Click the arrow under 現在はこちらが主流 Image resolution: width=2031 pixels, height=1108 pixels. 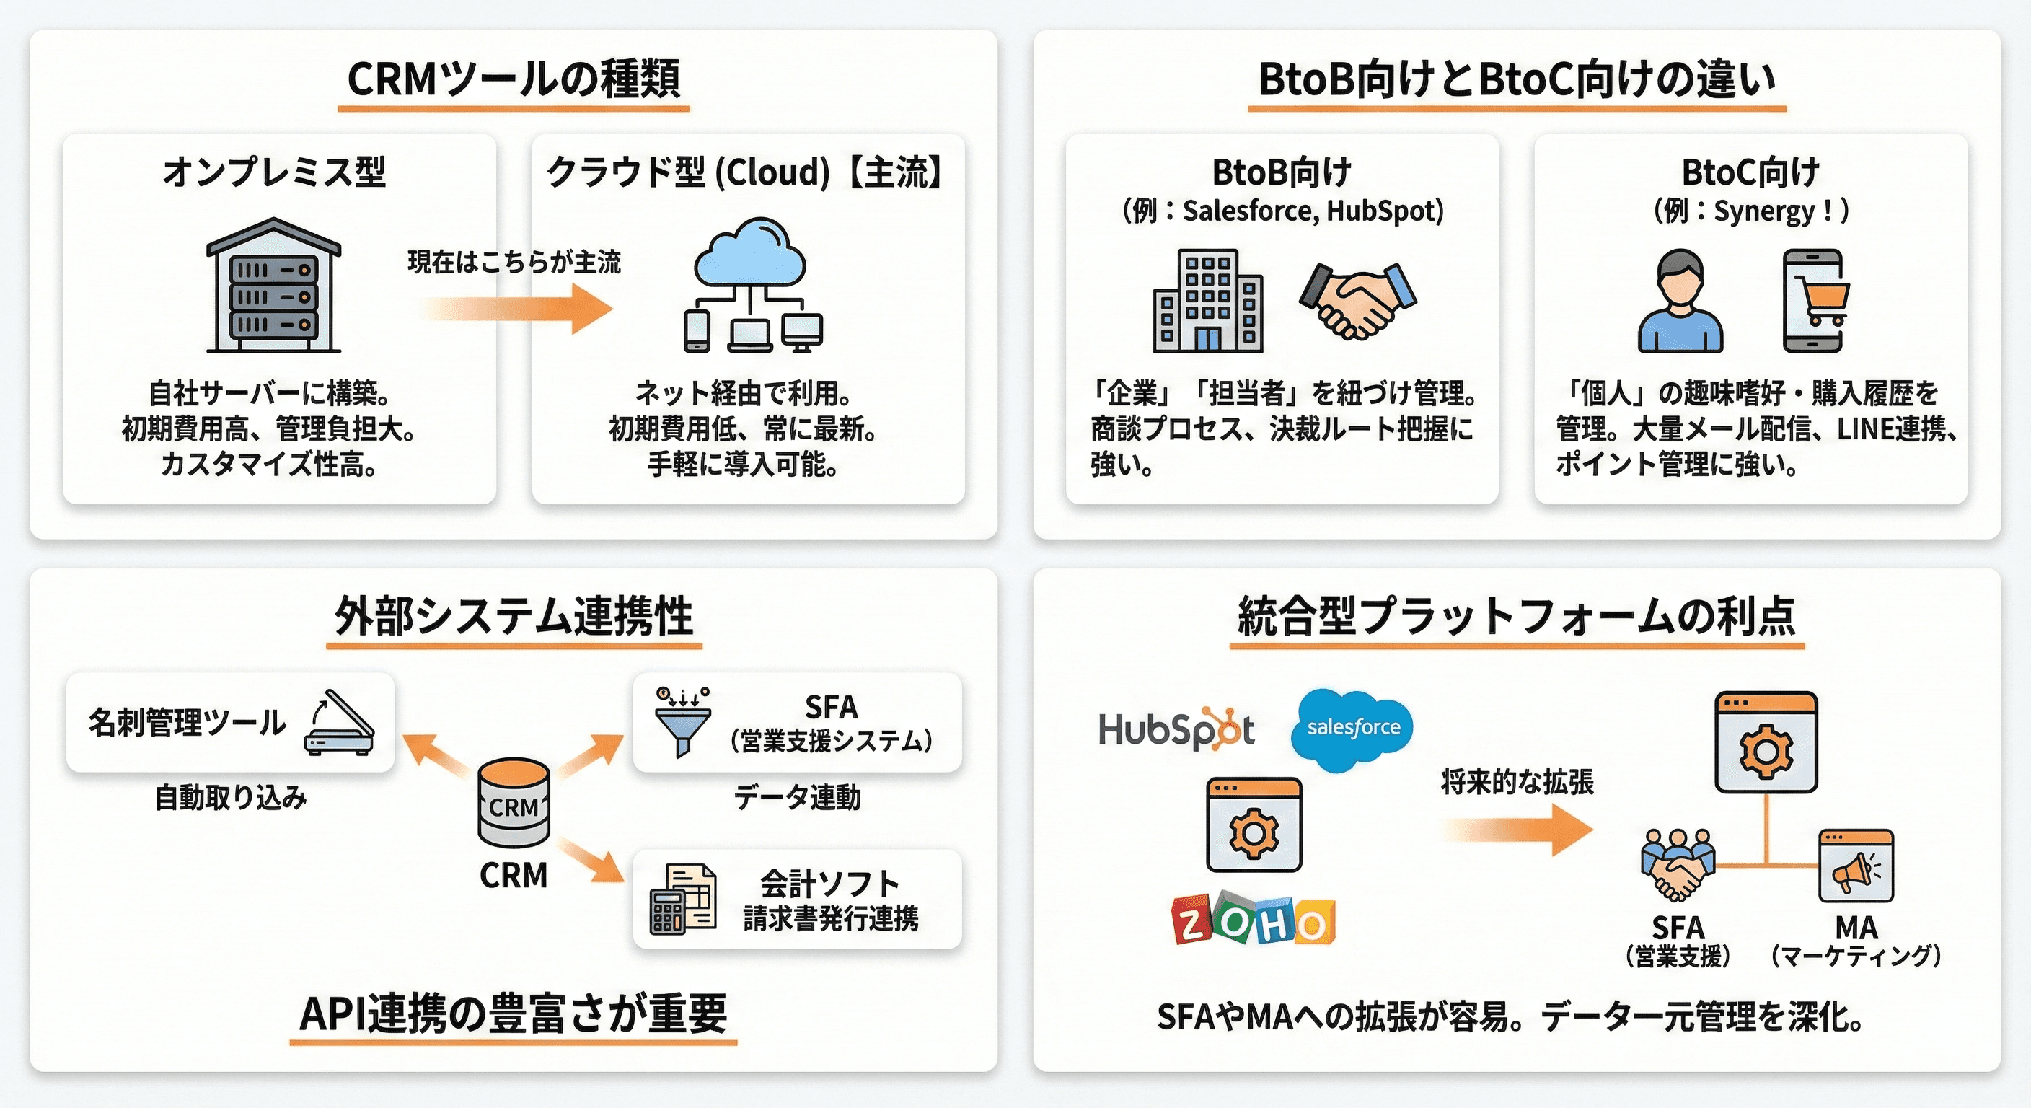click(520, 308)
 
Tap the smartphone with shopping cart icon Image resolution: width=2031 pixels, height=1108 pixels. click(1814, 301)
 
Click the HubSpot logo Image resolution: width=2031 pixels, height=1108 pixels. click(1175, 729)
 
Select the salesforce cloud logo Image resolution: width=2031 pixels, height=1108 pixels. click(1352, 729)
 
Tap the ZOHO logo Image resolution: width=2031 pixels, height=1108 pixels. click(1254, 919)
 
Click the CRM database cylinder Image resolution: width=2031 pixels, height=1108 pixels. click(514, 804)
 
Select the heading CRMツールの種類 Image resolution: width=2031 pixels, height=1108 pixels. click(514, 79)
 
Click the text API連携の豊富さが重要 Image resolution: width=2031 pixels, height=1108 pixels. click(513, 1014)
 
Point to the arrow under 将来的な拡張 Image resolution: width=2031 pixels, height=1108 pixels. click(1517, 830)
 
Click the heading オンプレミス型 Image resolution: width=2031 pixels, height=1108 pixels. click(274, 172)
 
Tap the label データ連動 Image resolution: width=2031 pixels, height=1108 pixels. click(796, 797)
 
